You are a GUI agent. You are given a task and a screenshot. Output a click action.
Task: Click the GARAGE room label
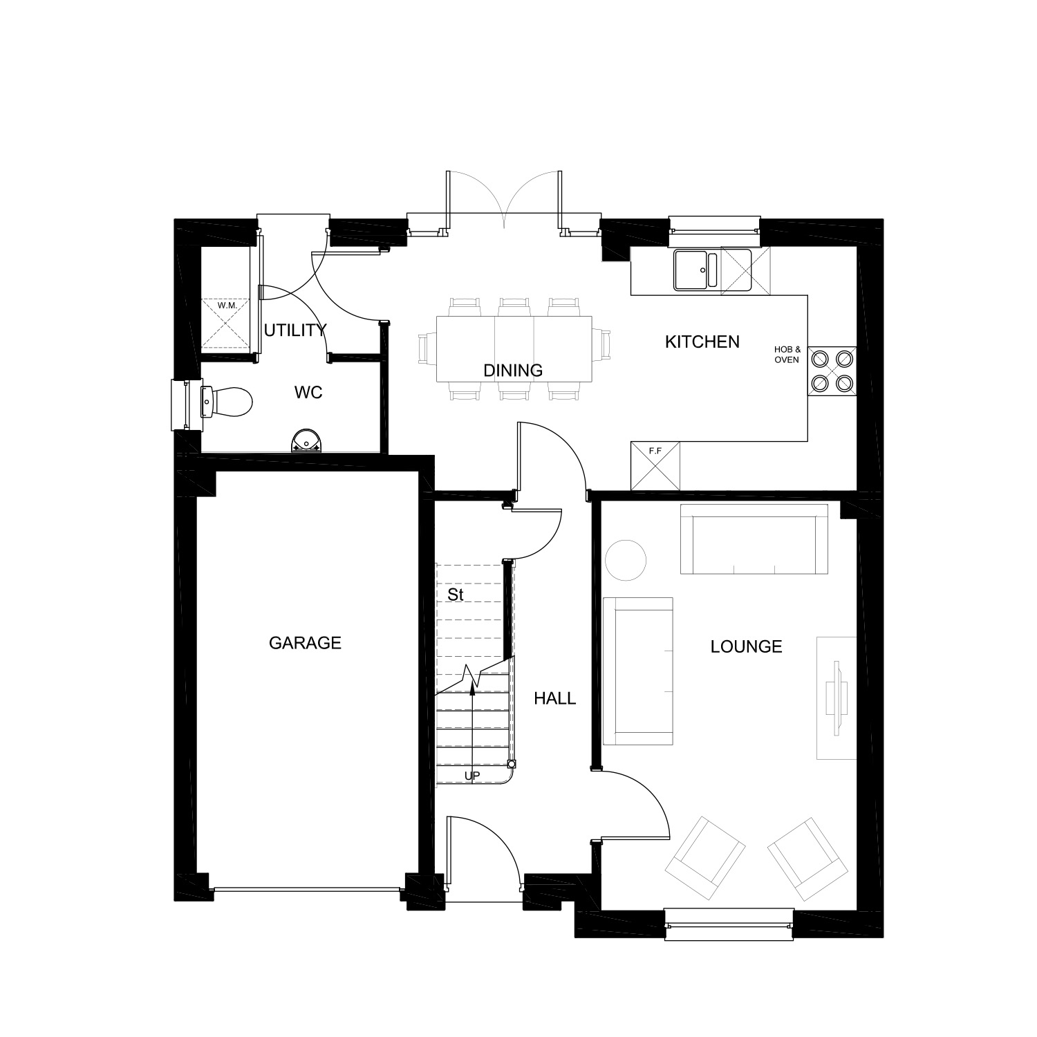click(305, 643)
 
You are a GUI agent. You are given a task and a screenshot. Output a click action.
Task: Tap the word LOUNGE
click(746, 646)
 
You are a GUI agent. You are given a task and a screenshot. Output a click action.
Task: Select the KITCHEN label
click(702, 342)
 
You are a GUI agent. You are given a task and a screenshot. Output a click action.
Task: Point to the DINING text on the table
click(513, 371)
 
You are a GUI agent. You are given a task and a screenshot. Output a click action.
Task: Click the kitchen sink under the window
click(697, 269)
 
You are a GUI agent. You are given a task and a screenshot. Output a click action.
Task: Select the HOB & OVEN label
click(787, 355)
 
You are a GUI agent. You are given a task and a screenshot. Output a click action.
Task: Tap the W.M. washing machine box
click(227, 324)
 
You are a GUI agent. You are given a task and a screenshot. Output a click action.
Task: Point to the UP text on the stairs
click(472, 776)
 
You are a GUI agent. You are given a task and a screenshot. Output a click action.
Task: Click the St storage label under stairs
click(455, 595)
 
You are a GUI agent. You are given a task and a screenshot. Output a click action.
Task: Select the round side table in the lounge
click(626, 559)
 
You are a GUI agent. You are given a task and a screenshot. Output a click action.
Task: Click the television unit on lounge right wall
click(837, 698)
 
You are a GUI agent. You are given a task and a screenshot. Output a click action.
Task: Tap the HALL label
click(554, 699)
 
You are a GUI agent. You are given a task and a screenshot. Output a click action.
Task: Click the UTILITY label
click(295, 330)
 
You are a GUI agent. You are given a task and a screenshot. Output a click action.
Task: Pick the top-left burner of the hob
click(821, 358)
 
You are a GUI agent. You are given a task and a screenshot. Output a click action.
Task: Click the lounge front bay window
click(729, 925)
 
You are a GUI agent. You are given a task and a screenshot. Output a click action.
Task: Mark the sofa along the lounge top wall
click(754, 539)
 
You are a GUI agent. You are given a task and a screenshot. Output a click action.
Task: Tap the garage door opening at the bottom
click(308, 891)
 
